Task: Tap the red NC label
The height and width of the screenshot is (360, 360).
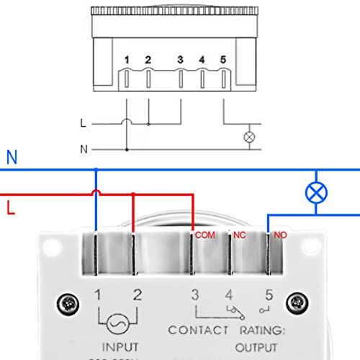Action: click(238, 235)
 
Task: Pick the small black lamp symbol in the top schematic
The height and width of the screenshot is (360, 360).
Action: click(250, 135)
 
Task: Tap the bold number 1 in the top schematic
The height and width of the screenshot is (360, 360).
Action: click(127, 60)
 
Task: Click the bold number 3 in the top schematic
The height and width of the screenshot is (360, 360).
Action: click(180, 60)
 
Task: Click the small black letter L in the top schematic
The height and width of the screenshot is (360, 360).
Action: click(83, 123)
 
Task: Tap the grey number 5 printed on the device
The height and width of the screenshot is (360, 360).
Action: click(269, 294)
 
